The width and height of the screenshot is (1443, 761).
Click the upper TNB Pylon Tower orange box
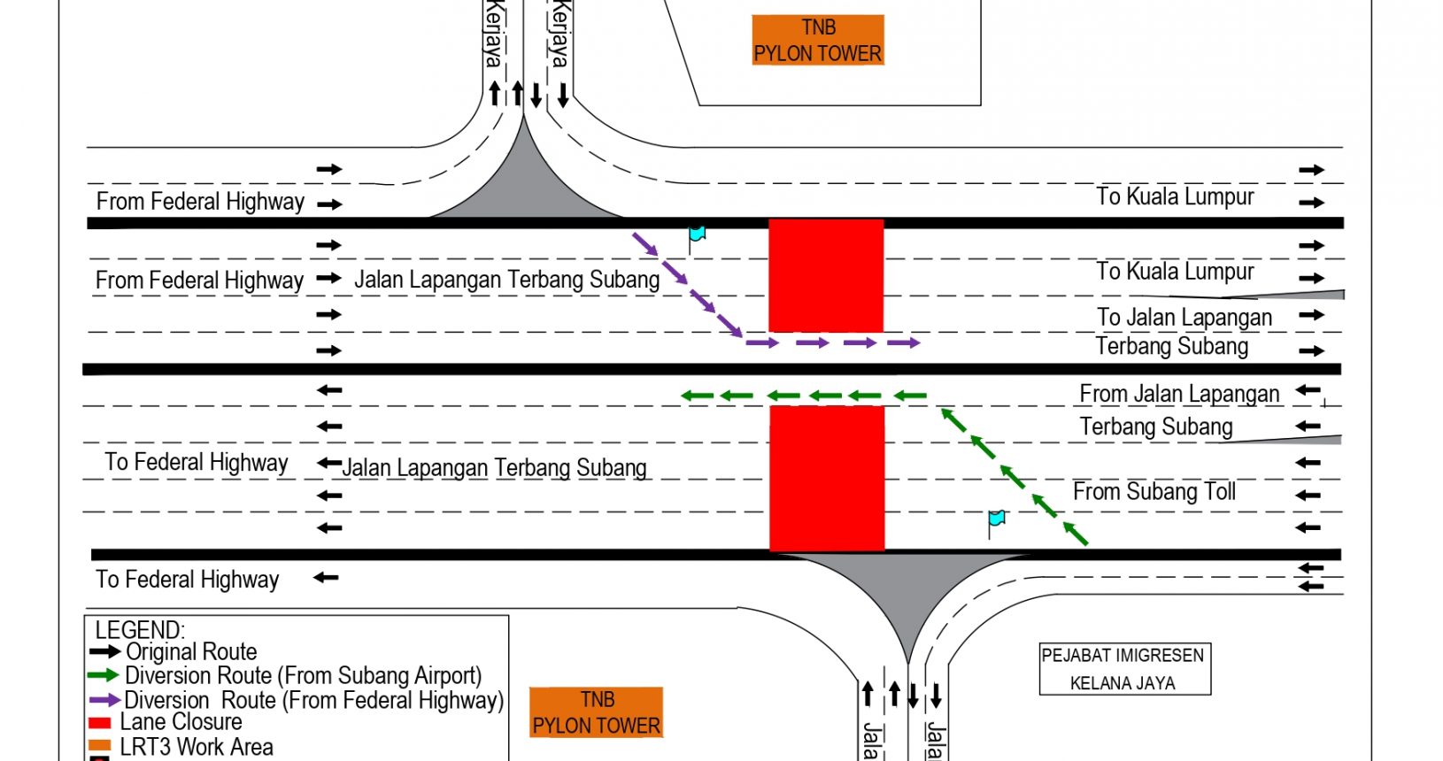tap(818, 41)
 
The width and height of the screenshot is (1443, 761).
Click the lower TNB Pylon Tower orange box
tap(597, 712)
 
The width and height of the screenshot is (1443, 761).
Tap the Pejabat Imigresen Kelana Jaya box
tap(1123, 669)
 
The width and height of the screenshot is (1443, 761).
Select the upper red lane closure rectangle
tap(826, 275)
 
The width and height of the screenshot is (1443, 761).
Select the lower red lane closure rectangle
tap(827, 478)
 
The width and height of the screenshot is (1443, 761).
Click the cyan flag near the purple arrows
tap(697, 234)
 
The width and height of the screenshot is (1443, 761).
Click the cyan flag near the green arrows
tap(997, 519)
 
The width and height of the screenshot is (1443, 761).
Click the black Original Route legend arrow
tap(104, 652)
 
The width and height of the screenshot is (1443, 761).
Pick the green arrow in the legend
tap(104, 676)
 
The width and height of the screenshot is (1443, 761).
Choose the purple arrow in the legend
tap(104, 700)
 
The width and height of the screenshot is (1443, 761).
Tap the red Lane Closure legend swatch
tap(100, 723)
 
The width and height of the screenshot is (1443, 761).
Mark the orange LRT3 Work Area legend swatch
tap(100, 746)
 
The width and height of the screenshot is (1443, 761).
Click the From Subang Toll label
tap(1154, 492)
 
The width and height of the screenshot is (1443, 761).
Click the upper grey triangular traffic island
tap(526, 188)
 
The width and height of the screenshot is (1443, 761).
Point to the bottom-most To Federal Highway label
tap(188, 580)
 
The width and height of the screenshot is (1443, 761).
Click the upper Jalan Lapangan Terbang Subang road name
tap(507, 280)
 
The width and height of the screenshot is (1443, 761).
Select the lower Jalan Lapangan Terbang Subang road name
tap(495, 467)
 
